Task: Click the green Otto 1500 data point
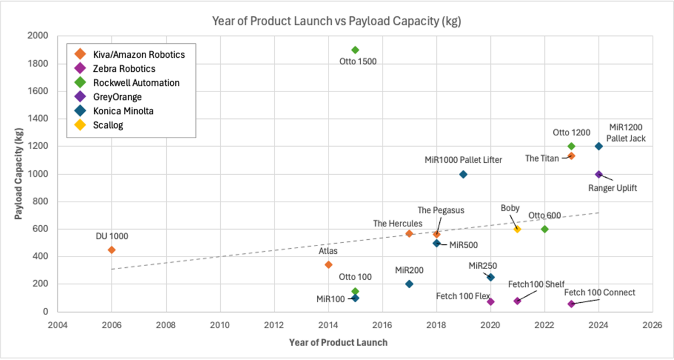click(355, 50)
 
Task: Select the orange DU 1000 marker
click(112, 250)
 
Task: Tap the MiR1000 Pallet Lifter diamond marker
click(463, 174)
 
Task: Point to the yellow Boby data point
click(517, 229)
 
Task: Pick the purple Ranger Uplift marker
click(599, 174)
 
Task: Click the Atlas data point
click(329, 265)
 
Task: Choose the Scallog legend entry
click(110, 125)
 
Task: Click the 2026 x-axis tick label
click(652, 325)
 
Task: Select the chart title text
click(336, 21)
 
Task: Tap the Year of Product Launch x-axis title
click(338, 342)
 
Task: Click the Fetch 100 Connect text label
click(599, 293)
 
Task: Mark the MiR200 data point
click(409, 284)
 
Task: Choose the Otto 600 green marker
click(544, 229)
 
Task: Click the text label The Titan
click(542, 158)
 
